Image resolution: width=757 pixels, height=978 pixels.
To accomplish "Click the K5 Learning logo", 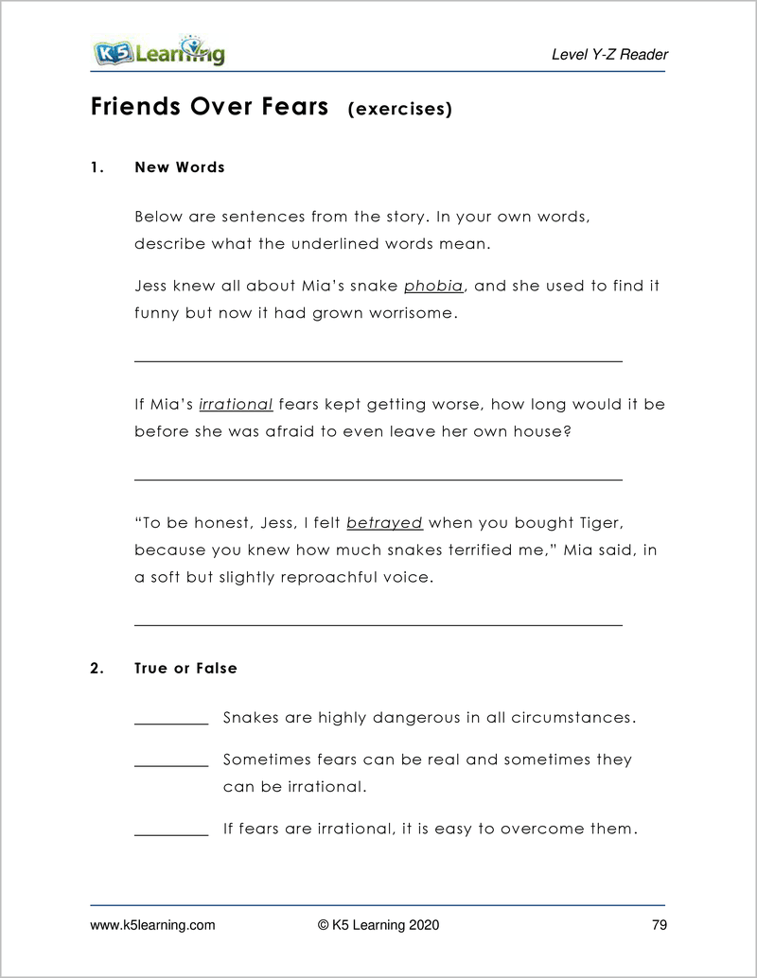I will [x=158, y=51].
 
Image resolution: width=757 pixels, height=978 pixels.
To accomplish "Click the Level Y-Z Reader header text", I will [x=609, y=55].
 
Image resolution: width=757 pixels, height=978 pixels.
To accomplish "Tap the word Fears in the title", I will [x=287, y=106].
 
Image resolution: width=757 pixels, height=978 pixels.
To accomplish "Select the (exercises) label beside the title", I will [x=400, y=110].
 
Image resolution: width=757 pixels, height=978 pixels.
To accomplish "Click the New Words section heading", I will [x=180, y=167].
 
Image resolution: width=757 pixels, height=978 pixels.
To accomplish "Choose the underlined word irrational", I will [x=236, y=405].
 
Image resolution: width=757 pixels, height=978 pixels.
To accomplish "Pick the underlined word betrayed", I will [x=384, y=523].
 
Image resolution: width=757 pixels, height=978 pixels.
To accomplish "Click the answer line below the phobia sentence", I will [x=378, y=360].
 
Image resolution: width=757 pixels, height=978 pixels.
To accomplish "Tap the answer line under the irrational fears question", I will [x=378, y=480].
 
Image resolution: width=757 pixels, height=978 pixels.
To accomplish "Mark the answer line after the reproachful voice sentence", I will [x=378, y=624].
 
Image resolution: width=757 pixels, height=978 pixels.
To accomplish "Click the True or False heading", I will [x=185, y=669].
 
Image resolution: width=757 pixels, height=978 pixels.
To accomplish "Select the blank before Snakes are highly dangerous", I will [x=171, y=723].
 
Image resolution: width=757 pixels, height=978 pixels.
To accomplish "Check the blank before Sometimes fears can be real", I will [x=171, y=764].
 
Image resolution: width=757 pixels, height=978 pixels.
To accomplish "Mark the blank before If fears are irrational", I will [x=171, y=834].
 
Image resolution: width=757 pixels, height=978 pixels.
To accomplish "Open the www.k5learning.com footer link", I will [x=152, y=925].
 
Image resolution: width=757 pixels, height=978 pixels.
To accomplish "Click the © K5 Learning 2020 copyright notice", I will [x=378, y=925].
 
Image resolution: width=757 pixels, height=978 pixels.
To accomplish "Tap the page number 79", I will [x=660, y=925].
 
